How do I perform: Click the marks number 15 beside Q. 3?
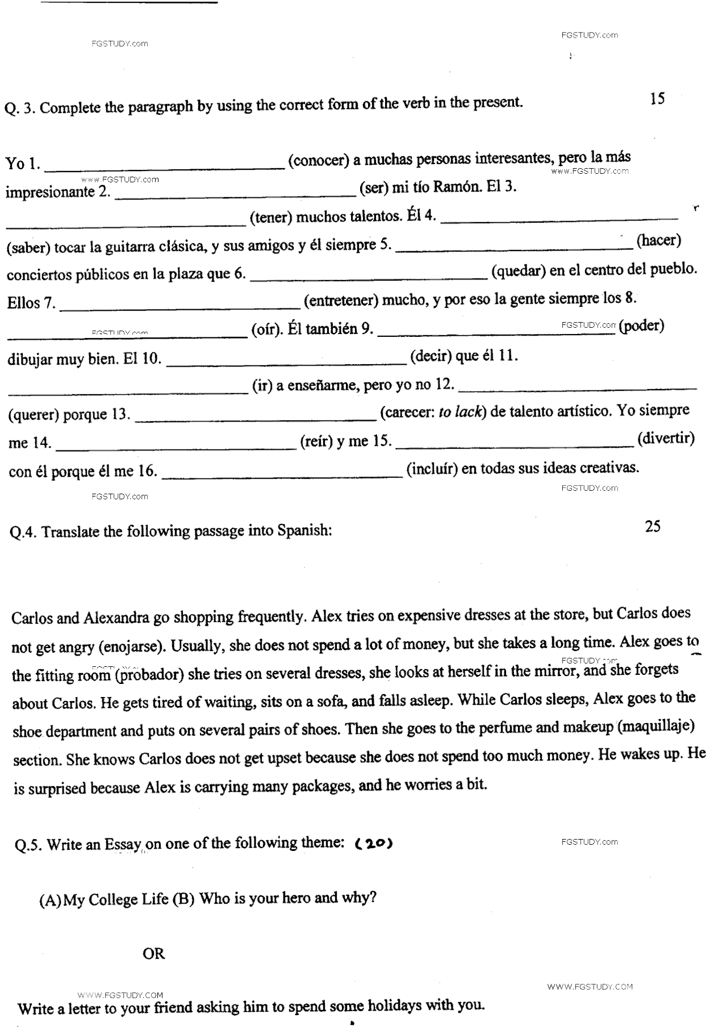point(657,99)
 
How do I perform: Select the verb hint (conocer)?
point(318,161)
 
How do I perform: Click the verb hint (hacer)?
point(658,240)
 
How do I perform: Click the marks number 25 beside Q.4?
point(653,527)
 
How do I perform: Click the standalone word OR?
point(153,954)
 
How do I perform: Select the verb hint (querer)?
point(34,415)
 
